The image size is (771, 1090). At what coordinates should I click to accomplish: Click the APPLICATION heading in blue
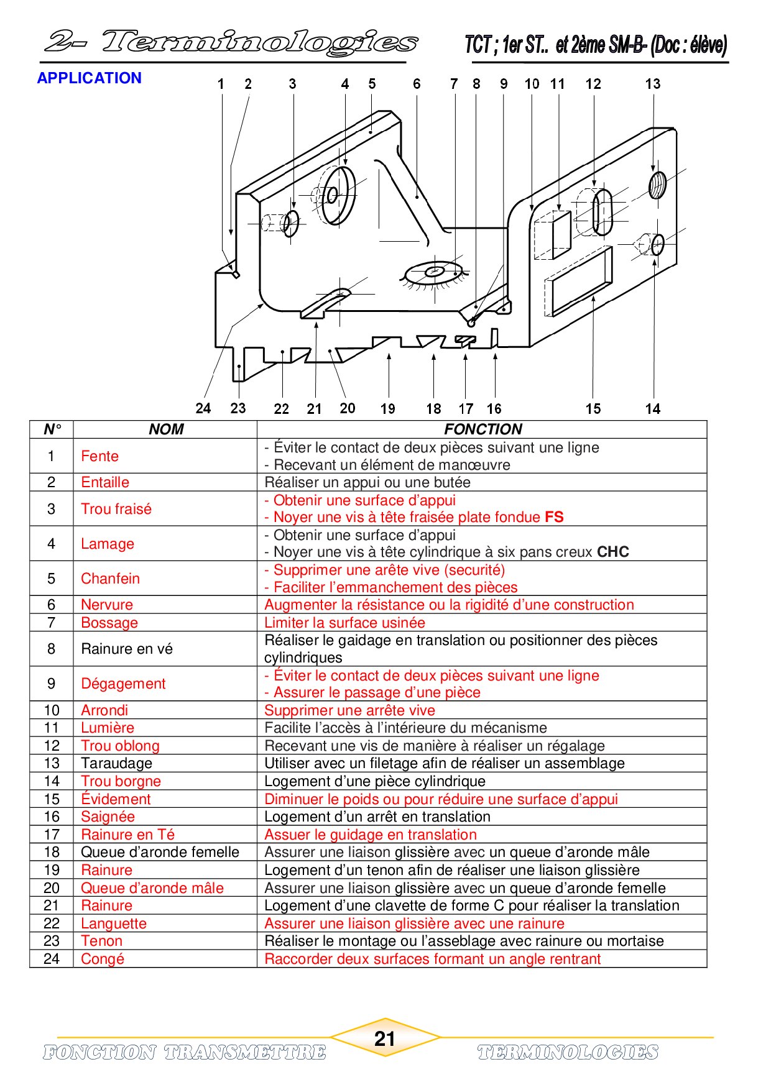point(90,78)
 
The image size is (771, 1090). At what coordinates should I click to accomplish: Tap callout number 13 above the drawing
point(653,84)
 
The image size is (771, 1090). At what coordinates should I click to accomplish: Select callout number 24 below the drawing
point(203,408)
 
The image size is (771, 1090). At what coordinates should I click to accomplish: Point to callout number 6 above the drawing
point(417,84)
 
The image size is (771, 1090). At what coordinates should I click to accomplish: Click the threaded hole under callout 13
point(657,185)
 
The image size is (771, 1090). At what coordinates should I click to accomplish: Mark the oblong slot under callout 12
point(602,213)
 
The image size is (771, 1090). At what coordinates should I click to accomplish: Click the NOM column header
point(166,429)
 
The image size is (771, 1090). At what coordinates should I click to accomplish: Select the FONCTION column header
point(482,429)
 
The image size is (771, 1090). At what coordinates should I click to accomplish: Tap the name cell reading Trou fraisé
point(116,509)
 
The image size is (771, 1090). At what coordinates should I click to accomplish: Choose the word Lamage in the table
point(108,544)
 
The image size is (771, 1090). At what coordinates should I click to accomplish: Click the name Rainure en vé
point(127,649)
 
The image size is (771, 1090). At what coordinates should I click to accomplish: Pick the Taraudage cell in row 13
point(116,763)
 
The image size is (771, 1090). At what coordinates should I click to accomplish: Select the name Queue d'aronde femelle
point(160,852)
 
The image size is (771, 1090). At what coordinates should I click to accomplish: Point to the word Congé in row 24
point(103,959)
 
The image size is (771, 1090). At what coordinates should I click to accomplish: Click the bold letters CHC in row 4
point(612,552)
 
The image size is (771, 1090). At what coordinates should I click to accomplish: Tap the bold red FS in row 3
point(554,517)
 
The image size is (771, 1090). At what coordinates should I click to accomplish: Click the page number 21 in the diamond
point(385,1038)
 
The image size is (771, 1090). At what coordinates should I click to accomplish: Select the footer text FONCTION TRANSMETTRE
point(185,1052)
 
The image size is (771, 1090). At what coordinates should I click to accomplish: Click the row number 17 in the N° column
point(52,835)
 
